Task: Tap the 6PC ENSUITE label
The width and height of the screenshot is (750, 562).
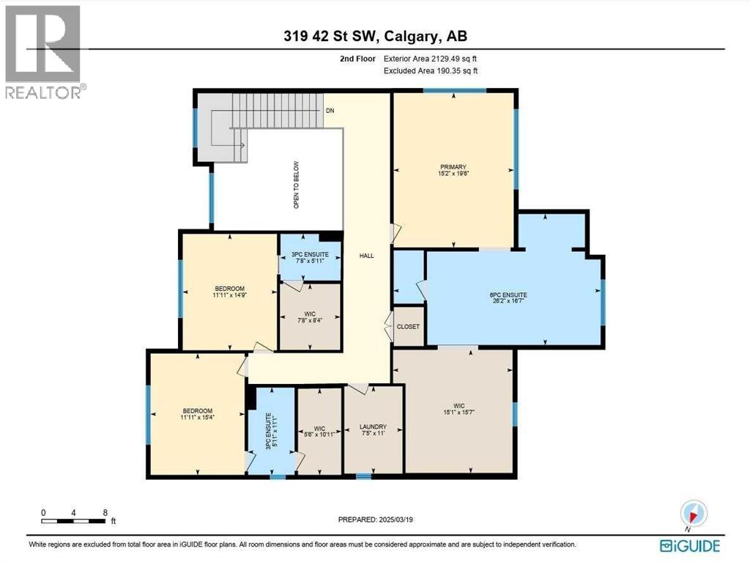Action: tap(508, 298)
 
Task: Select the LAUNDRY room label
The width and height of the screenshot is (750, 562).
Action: tap(373, 430)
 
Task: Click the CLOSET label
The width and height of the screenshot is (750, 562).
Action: tap(408, 327)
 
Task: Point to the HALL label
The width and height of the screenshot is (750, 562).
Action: tap(367, 256)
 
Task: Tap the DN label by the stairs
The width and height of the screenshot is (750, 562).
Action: tap(330, 111)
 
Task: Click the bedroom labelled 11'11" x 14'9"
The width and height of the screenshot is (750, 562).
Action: tap(229, 292)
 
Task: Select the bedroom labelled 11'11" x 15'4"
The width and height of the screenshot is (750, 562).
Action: tap(197, 413)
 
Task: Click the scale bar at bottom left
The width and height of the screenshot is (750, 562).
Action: tap(75, 521)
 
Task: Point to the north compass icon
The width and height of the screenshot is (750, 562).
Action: tap(692, 514)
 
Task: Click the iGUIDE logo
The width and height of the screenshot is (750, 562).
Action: tap(689, 546)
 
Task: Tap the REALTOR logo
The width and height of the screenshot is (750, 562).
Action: tap(43, 51)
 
